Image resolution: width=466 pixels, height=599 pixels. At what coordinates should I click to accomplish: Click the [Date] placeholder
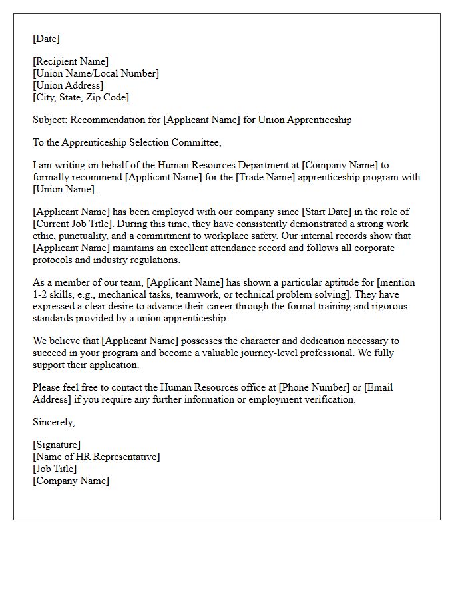(x=46, y=39)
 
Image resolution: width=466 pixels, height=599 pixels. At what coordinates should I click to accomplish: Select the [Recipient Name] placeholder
(x=71, y=62)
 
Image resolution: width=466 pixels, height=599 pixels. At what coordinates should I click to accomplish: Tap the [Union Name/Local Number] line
(x=96, y=74)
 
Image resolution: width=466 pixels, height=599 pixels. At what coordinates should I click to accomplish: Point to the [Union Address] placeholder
(x=68, y=86)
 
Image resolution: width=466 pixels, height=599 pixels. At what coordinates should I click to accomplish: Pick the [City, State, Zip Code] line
(x=81, y=98)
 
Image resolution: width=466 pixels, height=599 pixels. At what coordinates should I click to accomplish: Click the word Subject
(x=49, y=120)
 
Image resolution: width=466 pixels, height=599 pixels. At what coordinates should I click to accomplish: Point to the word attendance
(x=256, y=248)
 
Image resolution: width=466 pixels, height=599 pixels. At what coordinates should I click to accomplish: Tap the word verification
(x=332, y=400)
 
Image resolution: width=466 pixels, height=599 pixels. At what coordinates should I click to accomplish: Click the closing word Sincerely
(x=53, y=423)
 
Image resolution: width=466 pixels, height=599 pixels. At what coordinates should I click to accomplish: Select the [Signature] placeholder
(x=57, y=445)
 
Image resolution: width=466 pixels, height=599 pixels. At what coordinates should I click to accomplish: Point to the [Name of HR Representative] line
(x=97, y=457)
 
